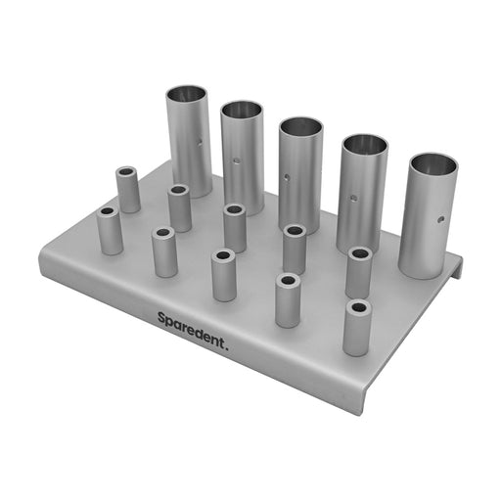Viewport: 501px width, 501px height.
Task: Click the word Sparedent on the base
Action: coord(190,330)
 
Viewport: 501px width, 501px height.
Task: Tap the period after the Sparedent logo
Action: coord(227,347)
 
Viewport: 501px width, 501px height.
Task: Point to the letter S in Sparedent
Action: coord(161,317)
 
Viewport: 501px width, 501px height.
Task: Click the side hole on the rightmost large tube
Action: coord(441,219)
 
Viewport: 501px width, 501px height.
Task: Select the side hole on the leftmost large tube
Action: coord(200,142)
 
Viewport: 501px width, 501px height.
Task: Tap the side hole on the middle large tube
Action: coord(287,178)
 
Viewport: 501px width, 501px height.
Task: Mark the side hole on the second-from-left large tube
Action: coord(237,160)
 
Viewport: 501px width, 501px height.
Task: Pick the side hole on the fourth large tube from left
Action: coord(353,198)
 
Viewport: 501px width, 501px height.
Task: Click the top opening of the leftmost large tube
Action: coord(186,94)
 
